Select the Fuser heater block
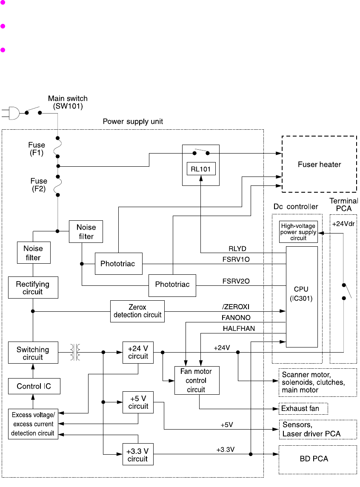click(x=319, y=164)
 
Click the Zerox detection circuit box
click(x=137, y=311)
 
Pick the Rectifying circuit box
click(x=33, y=288)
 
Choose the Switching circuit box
click(x=33, y=353)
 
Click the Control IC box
click(x=33, y=387)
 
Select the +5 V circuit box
click(x=138, y=402)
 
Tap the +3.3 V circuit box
click(x=138, y=455)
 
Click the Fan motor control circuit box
click(x=197, y=380)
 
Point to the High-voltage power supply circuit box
click(x=298, y=232)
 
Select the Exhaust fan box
click(x=303, y=409)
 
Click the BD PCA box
click(x=317, y=459)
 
